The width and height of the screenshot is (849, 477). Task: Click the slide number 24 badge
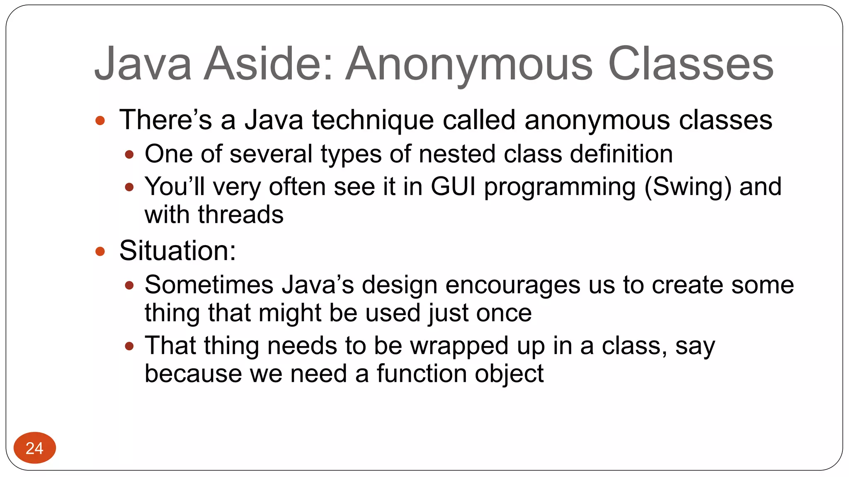click(34, 448)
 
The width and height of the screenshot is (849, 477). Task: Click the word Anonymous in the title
click(469, 64)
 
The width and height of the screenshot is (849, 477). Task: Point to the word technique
click(373, 120)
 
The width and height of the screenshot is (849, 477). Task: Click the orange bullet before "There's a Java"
click(100, 121)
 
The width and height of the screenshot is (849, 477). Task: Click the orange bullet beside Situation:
click(100, 251)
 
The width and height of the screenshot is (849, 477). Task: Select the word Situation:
click(177, 251)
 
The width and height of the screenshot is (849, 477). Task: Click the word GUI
click(453, 186)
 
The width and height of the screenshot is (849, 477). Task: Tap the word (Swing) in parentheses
click(688, 187)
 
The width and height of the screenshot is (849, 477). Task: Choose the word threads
click(240, 214)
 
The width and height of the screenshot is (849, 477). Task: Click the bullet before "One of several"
click(129, 155)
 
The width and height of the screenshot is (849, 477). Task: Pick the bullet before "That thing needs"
click(129, 346)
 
